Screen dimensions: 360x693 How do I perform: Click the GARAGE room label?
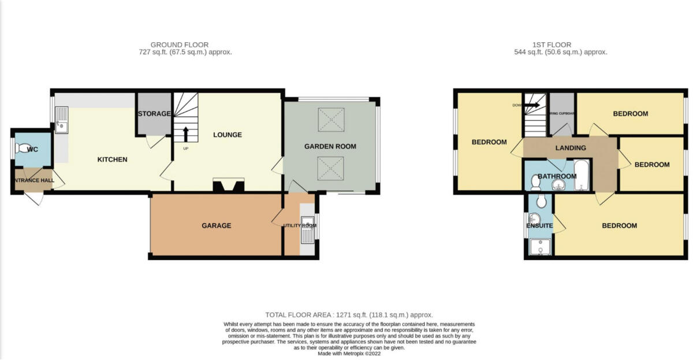(x=216, y=225)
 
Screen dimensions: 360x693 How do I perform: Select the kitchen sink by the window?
(x=61, y=124)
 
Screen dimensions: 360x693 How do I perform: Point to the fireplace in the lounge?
(x=229, y=185)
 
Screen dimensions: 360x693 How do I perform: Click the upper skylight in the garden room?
(x=330, y=121)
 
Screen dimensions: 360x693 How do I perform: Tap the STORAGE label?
(x=154, y=114)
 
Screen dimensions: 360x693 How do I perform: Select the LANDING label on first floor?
(x=571, y=148)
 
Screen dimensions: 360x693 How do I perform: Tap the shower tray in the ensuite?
(x=538, y=247)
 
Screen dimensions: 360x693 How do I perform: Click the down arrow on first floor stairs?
(x=532, y=105)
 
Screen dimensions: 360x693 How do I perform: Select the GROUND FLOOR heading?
(x=180, y=44)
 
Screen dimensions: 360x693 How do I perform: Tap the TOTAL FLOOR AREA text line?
(x=349, y=315)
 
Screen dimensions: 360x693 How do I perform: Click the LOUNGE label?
(x=227, y=135)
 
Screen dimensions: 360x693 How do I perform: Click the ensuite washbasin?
(x=534, y=218)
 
